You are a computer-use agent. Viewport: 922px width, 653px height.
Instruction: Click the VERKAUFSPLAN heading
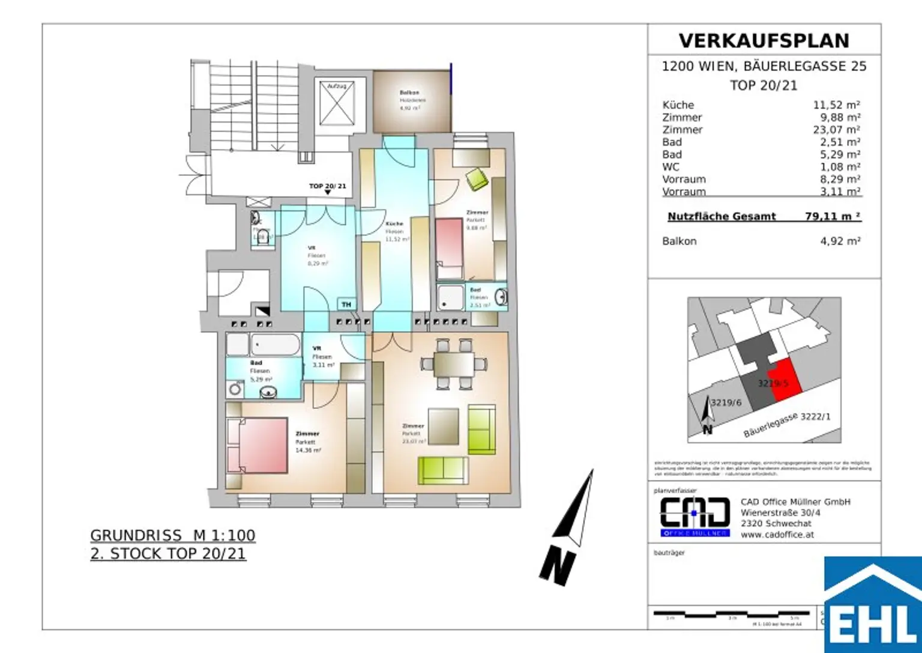[764, 41]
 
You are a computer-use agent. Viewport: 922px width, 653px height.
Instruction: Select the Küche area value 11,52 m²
[836, 105]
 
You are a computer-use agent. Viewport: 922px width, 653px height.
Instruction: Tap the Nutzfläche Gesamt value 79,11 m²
[833, 216]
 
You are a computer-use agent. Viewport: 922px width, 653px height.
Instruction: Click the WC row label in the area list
[670, 167]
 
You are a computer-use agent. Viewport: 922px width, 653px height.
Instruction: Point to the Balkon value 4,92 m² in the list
[840, 241]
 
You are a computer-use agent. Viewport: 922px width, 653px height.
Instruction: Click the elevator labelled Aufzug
[337, 103]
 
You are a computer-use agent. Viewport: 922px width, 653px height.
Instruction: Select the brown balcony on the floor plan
[411, 102]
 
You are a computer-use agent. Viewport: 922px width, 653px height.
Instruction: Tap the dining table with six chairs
[454, 364]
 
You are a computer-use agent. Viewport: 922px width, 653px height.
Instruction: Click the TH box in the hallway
[346, 305]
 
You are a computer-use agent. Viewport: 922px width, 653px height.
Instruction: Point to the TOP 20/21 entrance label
[327, 186]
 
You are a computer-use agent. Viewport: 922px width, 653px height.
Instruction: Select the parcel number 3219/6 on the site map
[726, 402]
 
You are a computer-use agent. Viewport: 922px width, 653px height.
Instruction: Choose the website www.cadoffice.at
[777, 535]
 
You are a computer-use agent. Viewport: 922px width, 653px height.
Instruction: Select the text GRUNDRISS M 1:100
[172, 535]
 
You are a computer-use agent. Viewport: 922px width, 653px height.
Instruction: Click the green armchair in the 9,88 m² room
[477, 178]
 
